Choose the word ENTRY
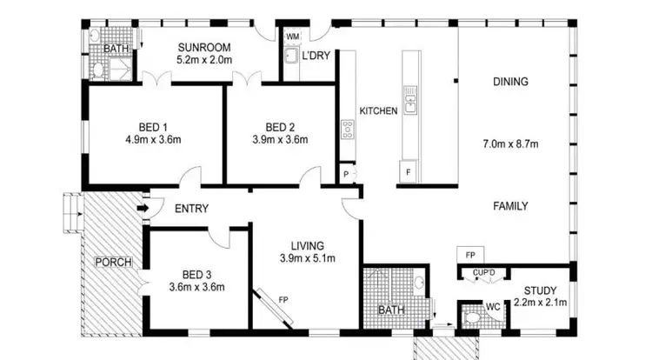tap(190, 209)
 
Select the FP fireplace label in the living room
tap(283, 301)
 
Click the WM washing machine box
tap(292, 37)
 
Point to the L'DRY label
tap(314, 55)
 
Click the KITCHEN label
tap(378, 111)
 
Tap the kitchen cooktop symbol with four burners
tap(348, 130)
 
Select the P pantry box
tap(346, 175)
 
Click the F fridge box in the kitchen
tap(407, 171)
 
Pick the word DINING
tap(510, 82)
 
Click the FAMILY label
tap(510, 207)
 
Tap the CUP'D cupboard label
tap(483, 273)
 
